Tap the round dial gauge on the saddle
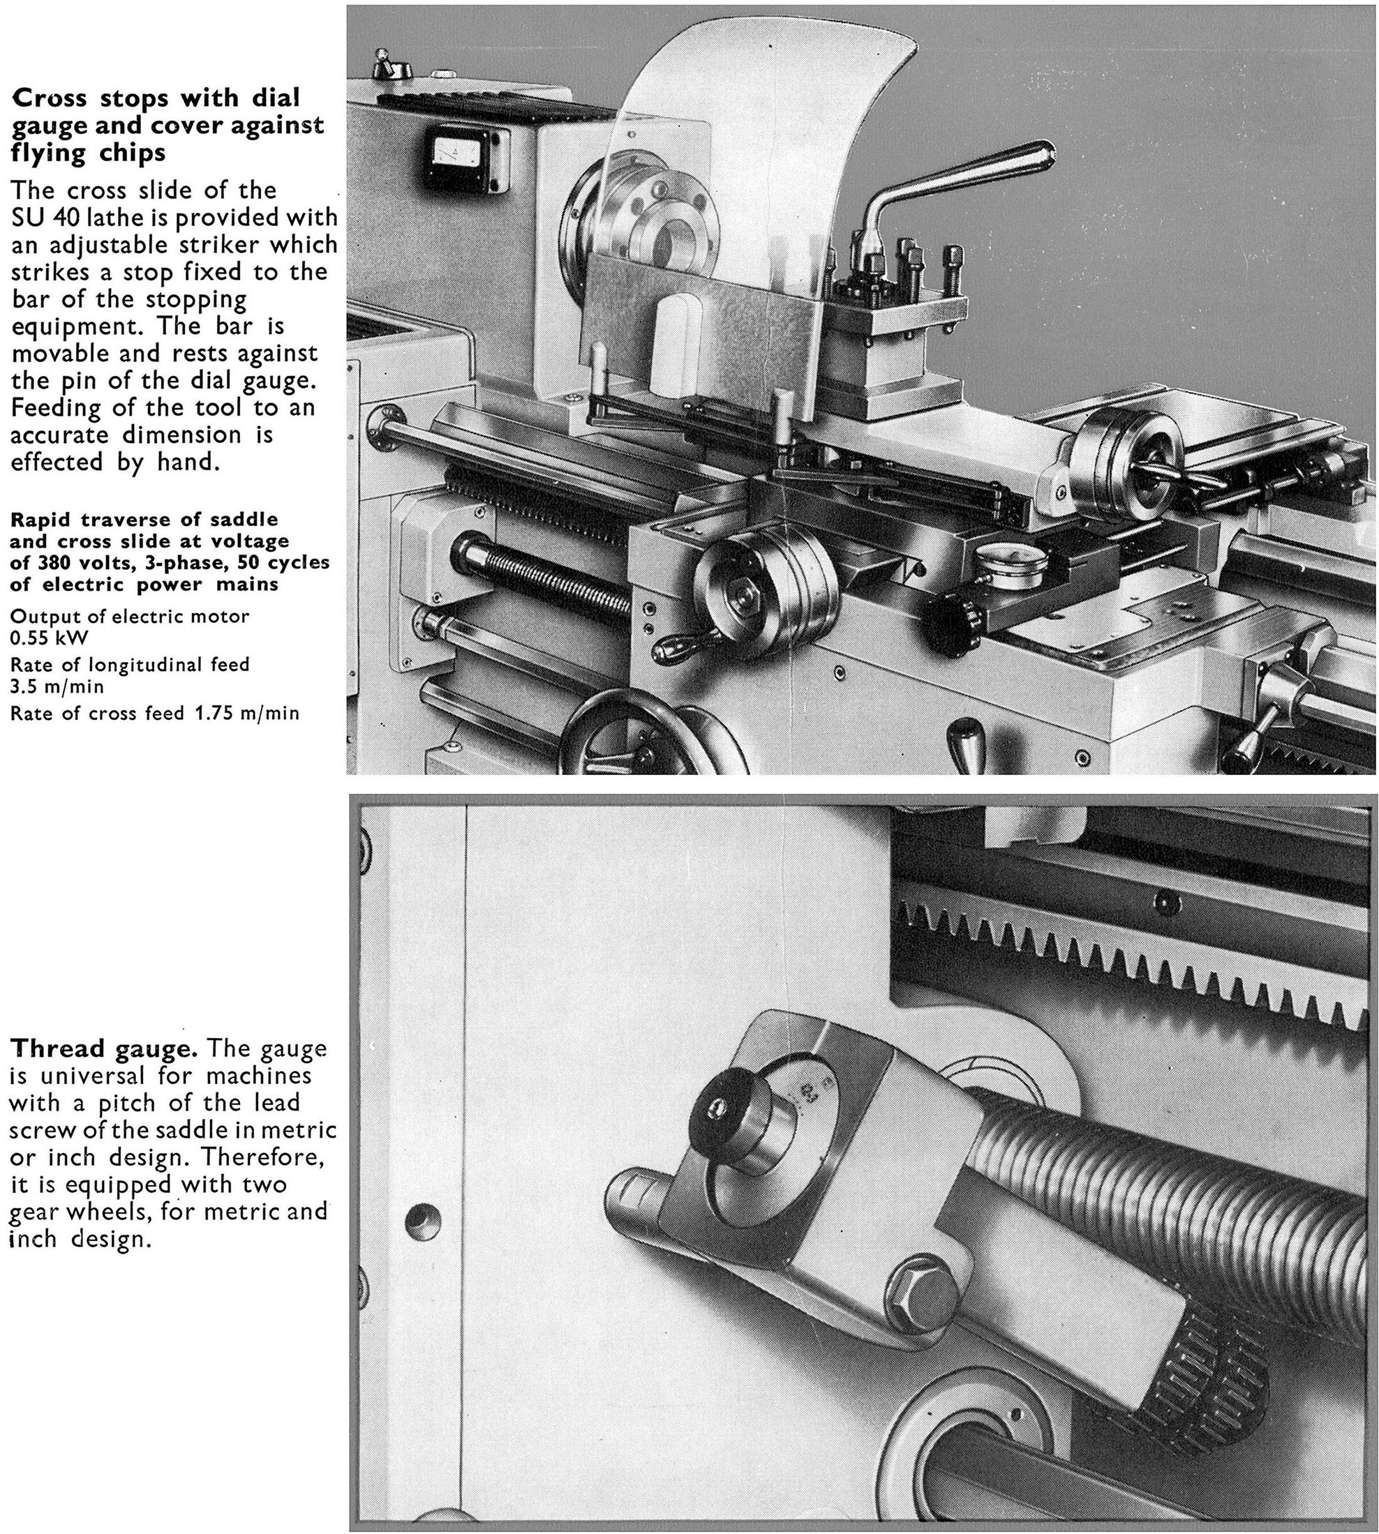1006,562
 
